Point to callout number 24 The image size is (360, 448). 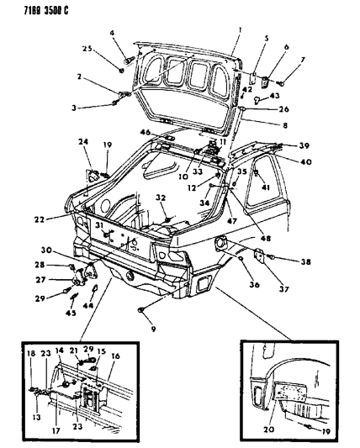point(83,141)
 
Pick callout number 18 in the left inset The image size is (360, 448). point(32,355)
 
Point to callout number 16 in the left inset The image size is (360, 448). point(116,356)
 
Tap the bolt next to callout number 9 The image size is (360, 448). point(137,312)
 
